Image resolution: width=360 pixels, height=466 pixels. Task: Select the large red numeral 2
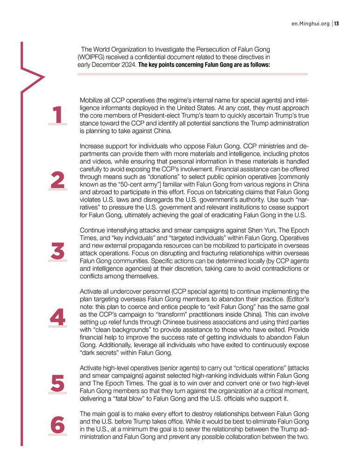coord(57,181)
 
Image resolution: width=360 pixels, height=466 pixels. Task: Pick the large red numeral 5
coord(57,384)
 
